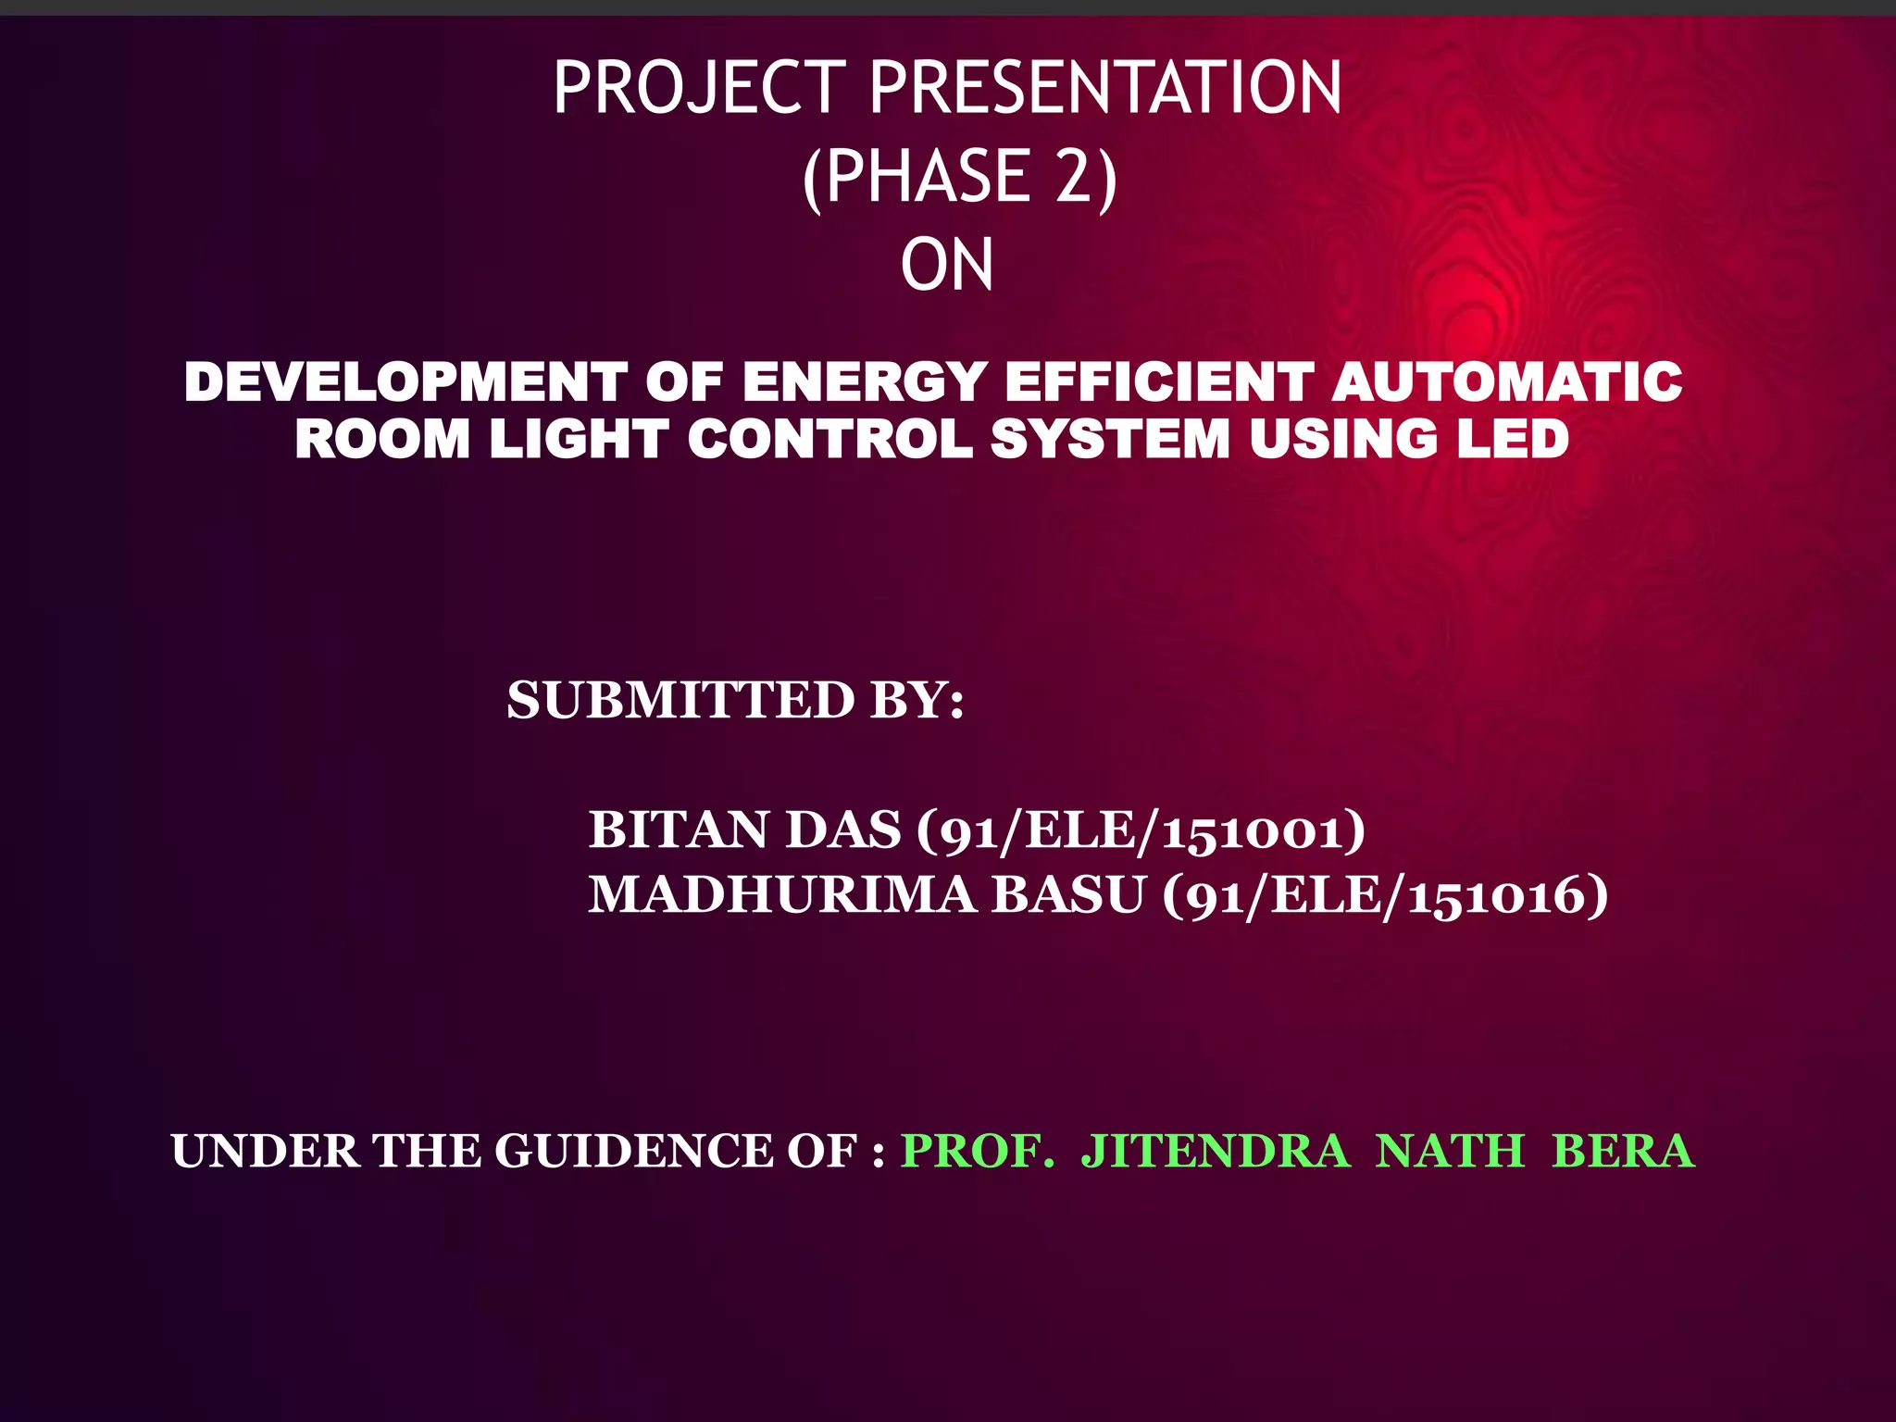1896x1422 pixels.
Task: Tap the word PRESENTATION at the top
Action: pyautogui.click(x=1105, y=88)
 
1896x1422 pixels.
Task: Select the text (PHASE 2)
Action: pyautogui.click(x=960, y=177)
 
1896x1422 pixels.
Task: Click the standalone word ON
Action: pyautogui.click(x=947, y=266)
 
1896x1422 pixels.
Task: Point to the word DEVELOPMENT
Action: pyautogui.click(x=405, y=382)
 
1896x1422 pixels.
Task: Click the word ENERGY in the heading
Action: pyautogui.click(x=864, y=382)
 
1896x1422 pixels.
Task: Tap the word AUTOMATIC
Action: pyautogui.click(x=1507, y=382)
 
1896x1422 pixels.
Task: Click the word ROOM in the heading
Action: pyautogui.click(x=382, y=439)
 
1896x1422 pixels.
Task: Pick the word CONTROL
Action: pyautogui.click(x=829, y=439)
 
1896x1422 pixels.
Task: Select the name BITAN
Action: pyautogui.click(x=680, y=829)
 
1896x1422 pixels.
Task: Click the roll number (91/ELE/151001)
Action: pyautogui.click(x=1141, y=830)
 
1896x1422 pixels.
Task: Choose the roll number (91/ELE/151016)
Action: pyautogui.click(x=1385, y=896)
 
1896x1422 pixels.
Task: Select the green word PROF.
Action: pyautogui.click(x=978, y=1152)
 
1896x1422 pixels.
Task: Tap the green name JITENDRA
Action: pyautogui.click(x=1216, y=1152)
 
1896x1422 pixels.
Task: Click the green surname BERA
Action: pyautogui.click(x=1623, y=1152)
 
